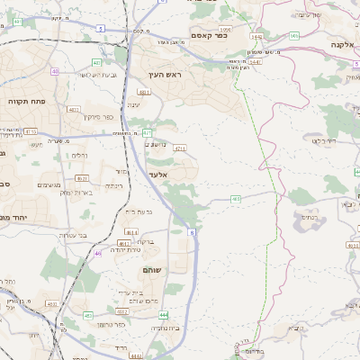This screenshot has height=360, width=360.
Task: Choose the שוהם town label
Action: (152, 270)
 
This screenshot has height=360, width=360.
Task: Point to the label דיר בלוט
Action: (324, 140)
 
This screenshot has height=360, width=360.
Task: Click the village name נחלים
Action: (78, 155)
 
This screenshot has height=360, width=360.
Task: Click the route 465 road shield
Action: (235, 198)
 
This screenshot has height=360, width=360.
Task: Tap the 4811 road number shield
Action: (143, 92)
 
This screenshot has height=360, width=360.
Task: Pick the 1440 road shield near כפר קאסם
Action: (256, 37)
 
